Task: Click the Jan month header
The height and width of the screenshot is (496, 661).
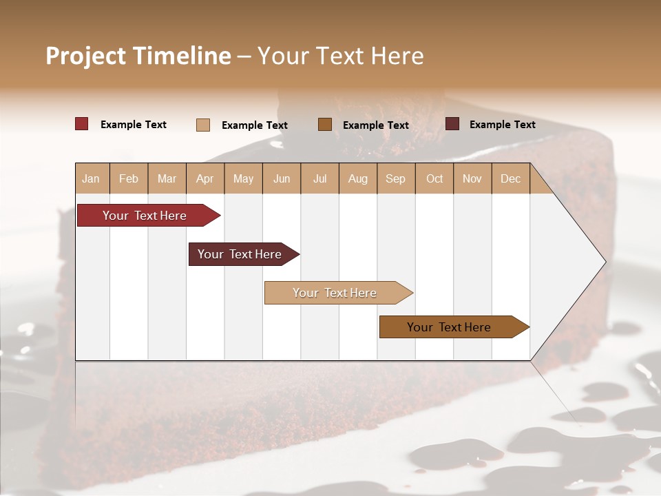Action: [92, 179]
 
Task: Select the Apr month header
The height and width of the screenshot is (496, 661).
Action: [205, 179]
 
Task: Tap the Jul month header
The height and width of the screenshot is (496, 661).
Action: [319, 179]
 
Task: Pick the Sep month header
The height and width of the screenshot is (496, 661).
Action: [395, 179]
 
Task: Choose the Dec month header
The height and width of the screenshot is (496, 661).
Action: [510, 179]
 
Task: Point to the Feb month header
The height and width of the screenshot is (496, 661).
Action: [129, 179]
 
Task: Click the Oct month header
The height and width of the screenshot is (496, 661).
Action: [434, 179]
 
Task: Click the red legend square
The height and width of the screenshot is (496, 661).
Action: [82, 124]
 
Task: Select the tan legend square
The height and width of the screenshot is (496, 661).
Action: [203, 125]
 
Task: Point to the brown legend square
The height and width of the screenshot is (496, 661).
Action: [325, 124]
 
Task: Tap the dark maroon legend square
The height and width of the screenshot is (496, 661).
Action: [452, 124]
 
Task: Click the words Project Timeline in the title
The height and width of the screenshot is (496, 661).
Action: [138, 56]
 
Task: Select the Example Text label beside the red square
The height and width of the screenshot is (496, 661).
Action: [134, 125]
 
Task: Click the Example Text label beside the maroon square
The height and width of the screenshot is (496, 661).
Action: [503, 125]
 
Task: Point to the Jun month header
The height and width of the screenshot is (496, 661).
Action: [282, 179]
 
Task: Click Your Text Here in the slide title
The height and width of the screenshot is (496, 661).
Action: [341, 56]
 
